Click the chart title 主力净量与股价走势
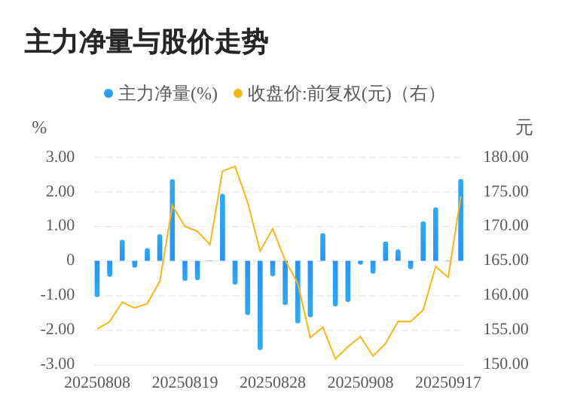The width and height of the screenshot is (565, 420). click(146, 43)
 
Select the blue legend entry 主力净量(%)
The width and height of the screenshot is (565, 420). click(160, 94)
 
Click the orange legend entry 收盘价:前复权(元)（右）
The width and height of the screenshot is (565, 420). click(336, 94)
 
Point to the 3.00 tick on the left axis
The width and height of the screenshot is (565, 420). click(60, 157)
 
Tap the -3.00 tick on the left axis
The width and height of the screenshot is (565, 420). click(58, 364)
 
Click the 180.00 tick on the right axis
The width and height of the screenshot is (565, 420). click(506, 157)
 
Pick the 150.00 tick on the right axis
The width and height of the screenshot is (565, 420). click(506, 364)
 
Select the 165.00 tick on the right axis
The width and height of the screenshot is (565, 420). click(506, 260)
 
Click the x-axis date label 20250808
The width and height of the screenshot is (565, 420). click(97, 383)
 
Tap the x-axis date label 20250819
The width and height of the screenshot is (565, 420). click(185, 383)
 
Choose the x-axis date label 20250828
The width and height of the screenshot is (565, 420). click(273, 383)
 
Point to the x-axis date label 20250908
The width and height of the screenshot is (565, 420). click(360, 383)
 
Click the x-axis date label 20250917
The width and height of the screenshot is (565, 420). click(448, 383)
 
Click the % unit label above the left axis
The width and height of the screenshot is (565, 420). click(39, 129)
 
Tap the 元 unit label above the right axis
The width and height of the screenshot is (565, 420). click(524, 129)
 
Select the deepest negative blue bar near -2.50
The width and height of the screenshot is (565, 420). click(260, 305)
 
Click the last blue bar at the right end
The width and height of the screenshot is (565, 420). click(461, 220)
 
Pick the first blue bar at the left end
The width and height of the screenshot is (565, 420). click(97, 278)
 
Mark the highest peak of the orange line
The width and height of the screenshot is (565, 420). click(235, 166)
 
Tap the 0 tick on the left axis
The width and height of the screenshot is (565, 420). click(70, 260)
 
